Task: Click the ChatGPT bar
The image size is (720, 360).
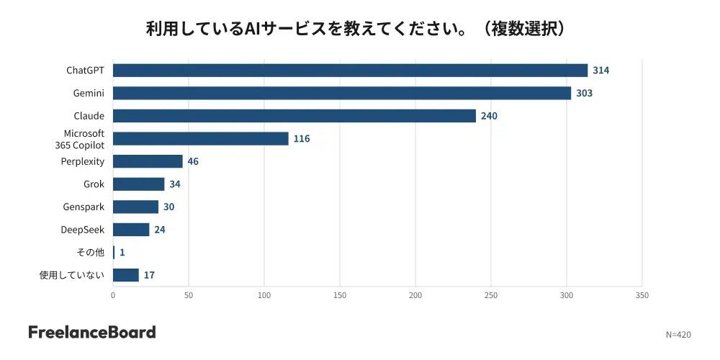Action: pyautogui.click(x=351, y=71)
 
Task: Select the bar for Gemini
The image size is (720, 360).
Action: pyautogui.click(x=342, y=93)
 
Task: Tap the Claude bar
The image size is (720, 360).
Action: pyautogui.click(x=294, y=116)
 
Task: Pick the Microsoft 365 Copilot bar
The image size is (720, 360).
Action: pyautogui.click(x=201, y=139)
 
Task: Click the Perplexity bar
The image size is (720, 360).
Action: pyautogui.click(x=148, y=161)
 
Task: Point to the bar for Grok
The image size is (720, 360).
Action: pyautogui.click(x=139, y=184)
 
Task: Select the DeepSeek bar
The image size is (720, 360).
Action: pyautogui.click(x=131, y=230)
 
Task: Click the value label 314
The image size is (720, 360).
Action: pyautogui.click(x=601, y=71)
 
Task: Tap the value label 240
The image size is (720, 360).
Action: pyautogui.click(x=489, y=116)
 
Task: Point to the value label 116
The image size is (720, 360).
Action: pyautogui.click(x=302, y=139)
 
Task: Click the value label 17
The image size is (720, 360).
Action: pyautogui.click(x=149, y=275)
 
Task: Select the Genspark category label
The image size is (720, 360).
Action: pyautogui.click(x=84, y=207)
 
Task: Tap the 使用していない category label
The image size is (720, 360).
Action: pyautogui.click(x=72, y=275)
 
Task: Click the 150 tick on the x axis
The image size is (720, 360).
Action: pyautogui.click(x=340, y=296)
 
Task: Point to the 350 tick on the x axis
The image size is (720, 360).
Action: pyautogui.click(x=642, y=296)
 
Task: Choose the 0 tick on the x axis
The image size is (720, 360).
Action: pyautogui.click(x=113, y=296)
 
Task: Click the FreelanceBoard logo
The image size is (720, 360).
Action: pyautogui.click(x=92, y=332)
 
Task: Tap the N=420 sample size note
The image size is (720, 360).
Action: pyautogui.click(x=678, y=335)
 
